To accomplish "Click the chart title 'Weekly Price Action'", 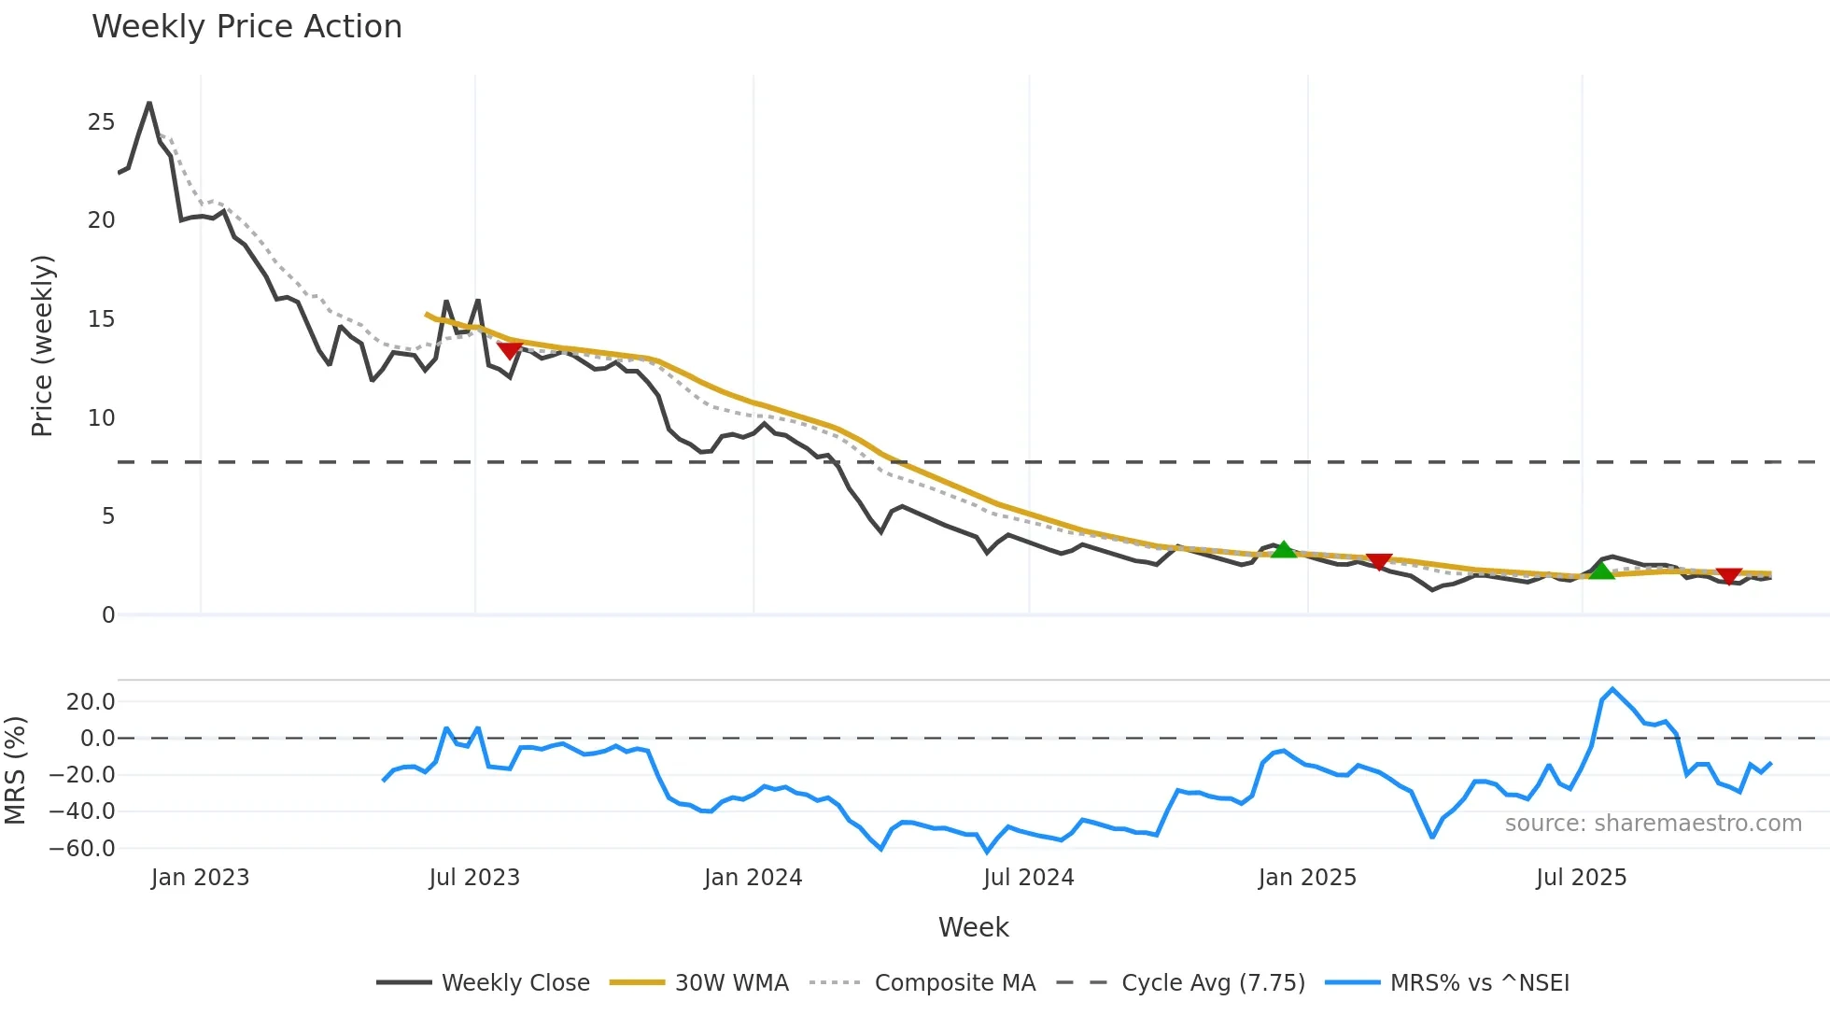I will pos(246,27).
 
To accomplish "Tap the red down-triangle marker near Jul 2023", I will pos(509,350).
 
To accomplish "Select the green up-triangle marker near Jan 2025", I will pos(1284,550).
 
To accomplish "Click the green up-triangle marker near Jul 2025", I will pos(1601,571).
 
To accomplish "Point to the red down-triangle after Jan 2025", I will pos(1379,560).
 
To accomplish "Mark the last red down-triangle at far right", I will pos(1729,576).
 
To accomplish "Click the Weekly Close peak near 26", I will pos(149,103).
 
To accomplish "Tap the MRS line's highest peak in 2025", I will pos(1612,689).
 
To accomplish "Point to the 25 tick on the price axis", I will pos(102,122).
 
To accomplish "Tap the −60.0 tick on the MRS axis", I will pos(83,849).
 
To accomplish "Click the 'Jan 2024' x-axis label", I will pos(753,878).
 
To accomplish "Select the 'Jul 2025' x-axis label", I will pos(1581,878).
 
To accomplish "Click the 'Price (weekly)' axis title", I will pos(43,345).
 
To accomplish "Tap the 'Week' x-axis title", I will pos(973,927).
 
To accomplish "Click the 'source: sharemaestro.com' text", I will pos(1653,824).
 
